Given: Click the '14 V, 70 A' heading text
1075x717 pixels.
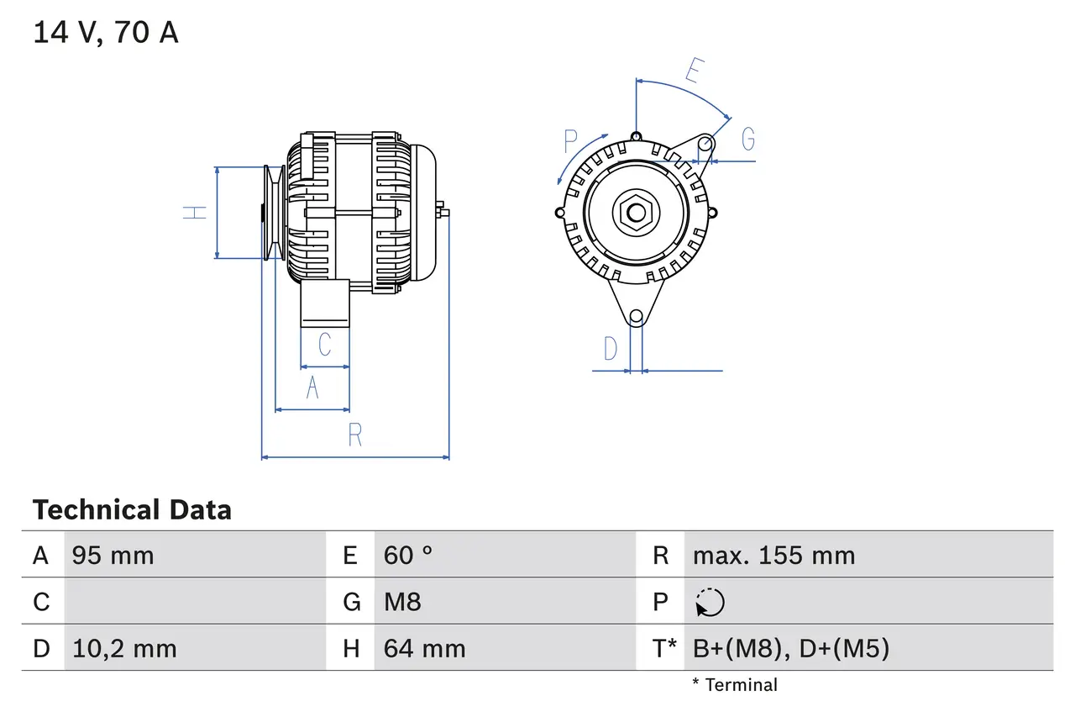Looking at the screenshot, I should (x=106, y=33).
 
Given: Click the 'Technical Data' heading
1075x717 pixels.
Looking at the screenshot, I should (x=132, y=510).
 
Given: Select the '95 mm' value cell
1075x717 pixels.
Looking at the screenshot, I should (x=113, y=556).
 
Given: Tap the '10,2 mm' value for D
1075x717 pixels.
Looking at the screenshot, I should (x=124, y=649).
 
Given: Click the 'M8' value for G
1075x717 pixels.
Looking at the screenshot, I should (x=402, y=602).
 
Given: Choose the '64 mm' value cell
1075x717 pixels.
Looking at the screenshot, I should (x=424, y=649).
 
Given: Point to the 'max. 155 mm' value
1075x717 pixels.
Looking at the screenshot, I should (x=773, y=556).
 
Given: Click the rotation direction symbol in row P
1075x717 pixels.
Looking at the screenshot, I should (x=710, y=602).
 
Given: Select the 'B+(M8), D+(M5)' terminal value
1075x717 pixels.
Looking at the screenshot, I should (x=790, y=649).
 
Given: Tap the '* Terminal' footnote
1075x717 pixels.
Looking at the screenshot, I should (x=735, y=685).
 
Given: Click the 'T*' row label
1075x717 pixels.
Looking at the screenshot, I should (x=663, y=649).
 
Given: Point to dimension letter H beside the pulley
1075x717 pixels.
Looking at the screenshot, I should (x=195, y=212).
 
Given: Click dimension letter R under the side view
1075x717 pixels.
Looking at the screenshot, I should (x=355, y=435).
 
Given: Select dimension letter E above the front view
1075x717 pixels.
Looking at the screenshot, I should (x=693, y=71).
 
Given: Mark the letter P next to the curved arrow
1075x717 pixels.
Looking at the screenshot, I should (x=571, y=140).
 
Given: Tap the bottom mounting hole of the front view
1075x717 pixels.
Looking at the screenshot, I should (x=636, y=316).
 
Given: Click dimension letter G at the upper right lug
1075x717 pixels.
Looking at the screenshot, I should (x=747, y=140).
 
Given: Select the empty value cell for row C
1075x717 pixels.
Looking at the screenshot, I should (x=193, y=602).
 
